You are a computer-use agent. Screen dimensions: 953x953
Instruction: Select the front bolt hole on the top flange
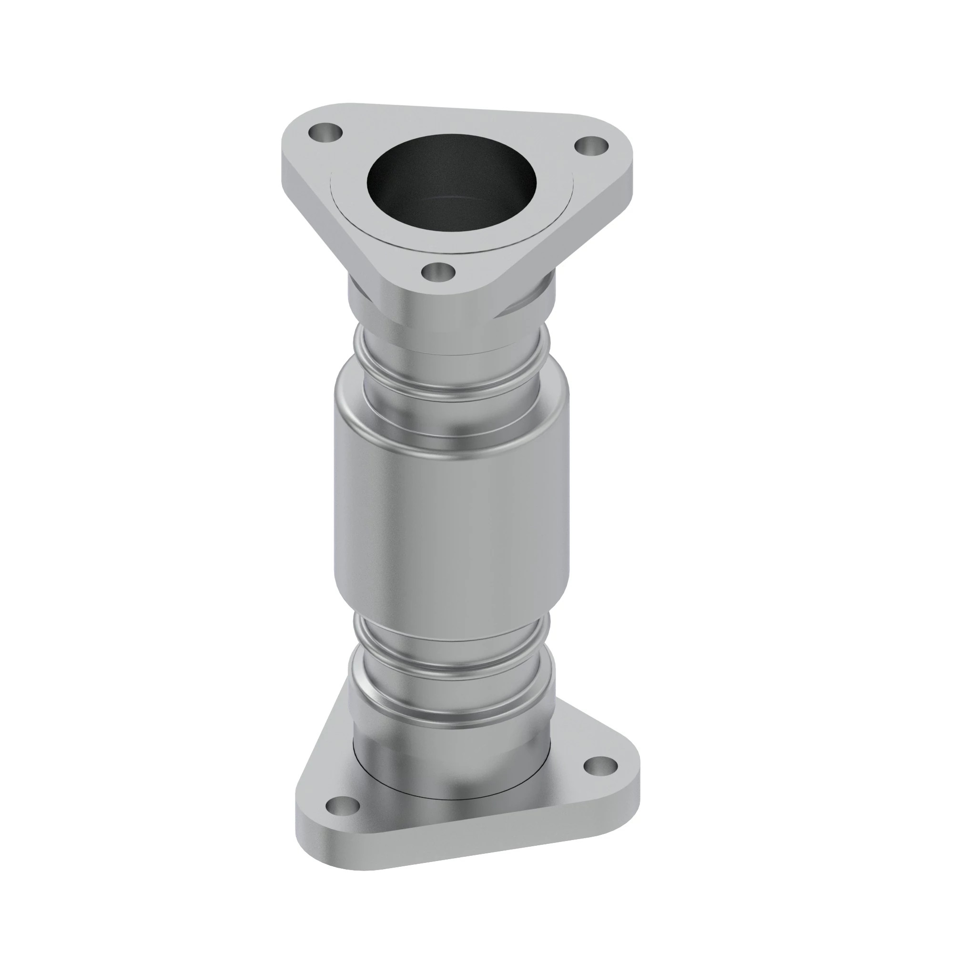(x=438, y=271)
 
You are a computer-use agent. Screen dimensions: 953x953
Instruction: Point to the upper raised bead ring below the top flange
(x=451, y=355)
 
